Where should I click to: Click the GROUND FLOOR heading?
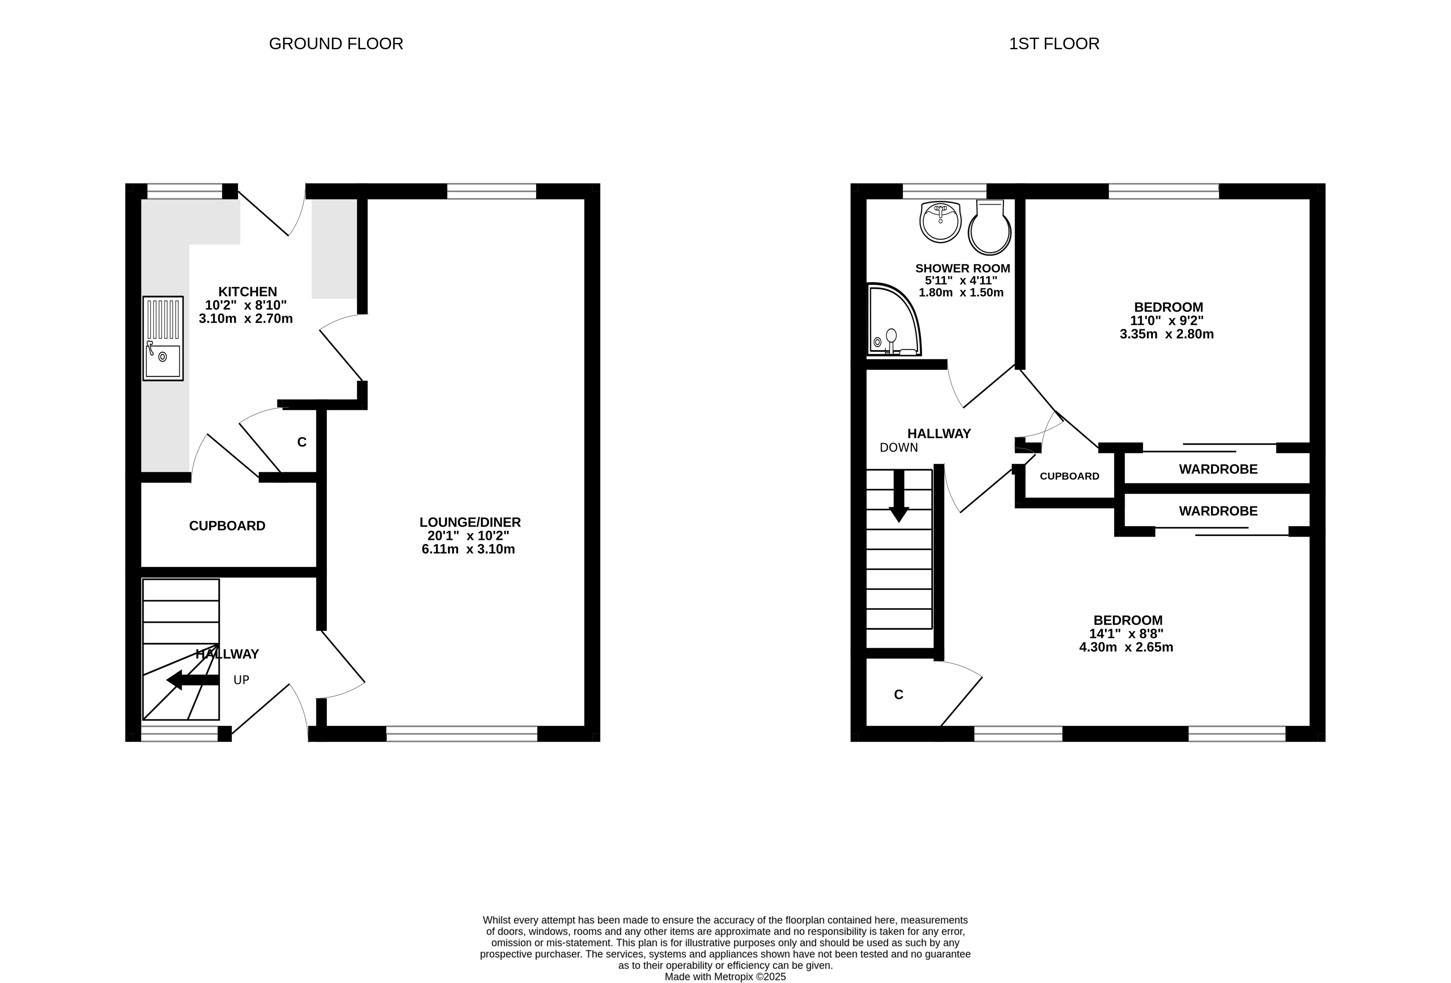(x=336, y=44)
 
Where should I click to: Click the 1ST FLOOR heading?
(x=1054, y=44)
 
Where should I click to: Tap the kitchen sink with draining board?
(x=163, y=338)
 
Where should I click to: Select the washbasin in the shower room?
(x=941, y=222)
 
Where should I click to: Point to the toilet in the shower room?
(x=990, y=227)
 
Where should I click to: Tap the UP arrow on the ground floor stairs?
(x=193, y=680)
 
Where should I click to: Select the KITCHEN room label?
(x=247, y=292)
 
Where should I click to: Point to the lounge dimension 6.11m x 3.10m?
(x=468, y=549)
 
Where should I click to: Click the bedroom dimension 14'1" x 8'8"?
(x=1126, y=633)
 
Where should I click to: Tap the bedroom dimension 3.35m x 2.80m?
(x=1167, y=334)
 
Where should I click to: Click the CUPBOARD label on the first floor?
(x=1070, y=476)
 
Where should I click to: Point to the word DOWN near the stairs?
(x=899, y=448)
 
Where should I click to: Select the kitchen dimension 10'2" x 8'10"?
(x=246, y=305)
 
